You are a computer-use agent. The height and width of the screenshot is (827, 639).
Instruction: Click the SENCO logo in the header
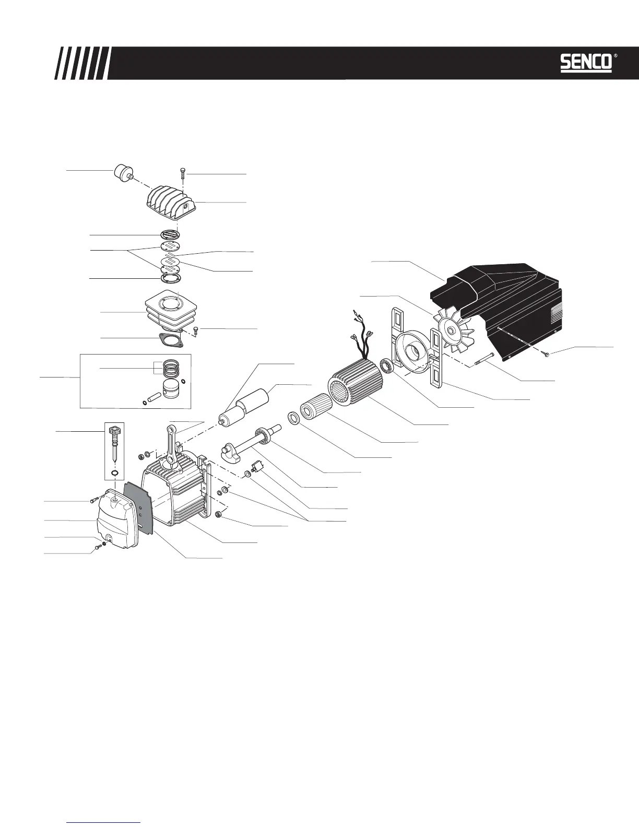[x=586, y=63]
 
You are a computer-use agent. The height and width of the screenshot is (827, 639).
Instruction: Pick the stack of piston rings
[x=172, y=368]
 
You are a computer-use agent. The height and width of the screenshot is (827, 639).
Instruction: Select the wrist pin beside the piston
[x=152, y=396]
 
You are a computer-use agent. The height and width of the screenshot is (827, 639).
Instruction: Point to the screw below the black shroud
[x=546, y=355]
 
